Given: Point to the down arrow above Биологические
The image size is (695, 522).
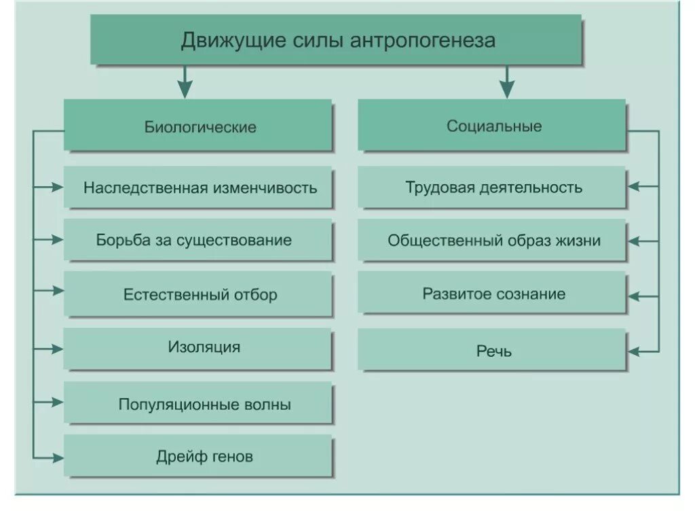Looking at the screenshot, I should tap(184, 86).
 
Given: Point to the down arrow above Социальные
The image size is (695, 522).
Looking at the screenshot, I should tap(506, 86).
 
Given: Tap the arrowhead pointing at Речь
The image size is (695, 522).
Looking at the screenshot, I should tap(634, 351).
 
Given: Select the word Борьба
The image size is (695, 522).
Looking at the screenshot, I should tap(120, 240).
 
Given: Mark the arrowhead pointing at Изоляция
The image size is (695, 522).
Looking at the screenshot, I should tap(58, 349).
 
